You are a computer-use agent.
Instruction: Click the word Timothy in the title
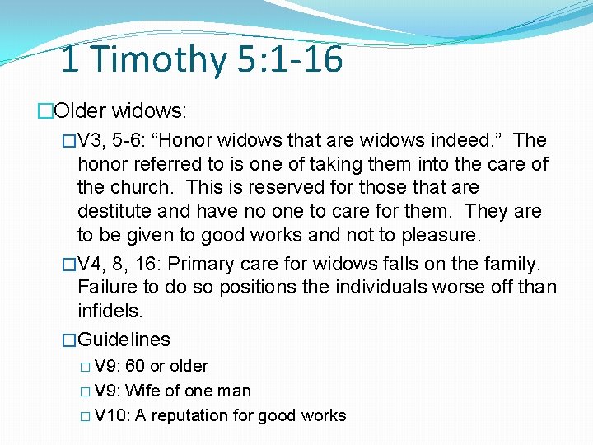click(155, 60)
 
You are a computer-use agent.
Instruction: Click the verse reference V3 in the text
click(89, 141)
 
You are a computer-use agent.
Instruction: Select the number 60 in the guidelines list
click(134, 366)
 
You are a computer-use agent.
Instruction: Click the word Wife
click(142, 391)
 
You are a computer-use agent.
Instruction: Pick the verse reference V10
click(111, 415)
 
